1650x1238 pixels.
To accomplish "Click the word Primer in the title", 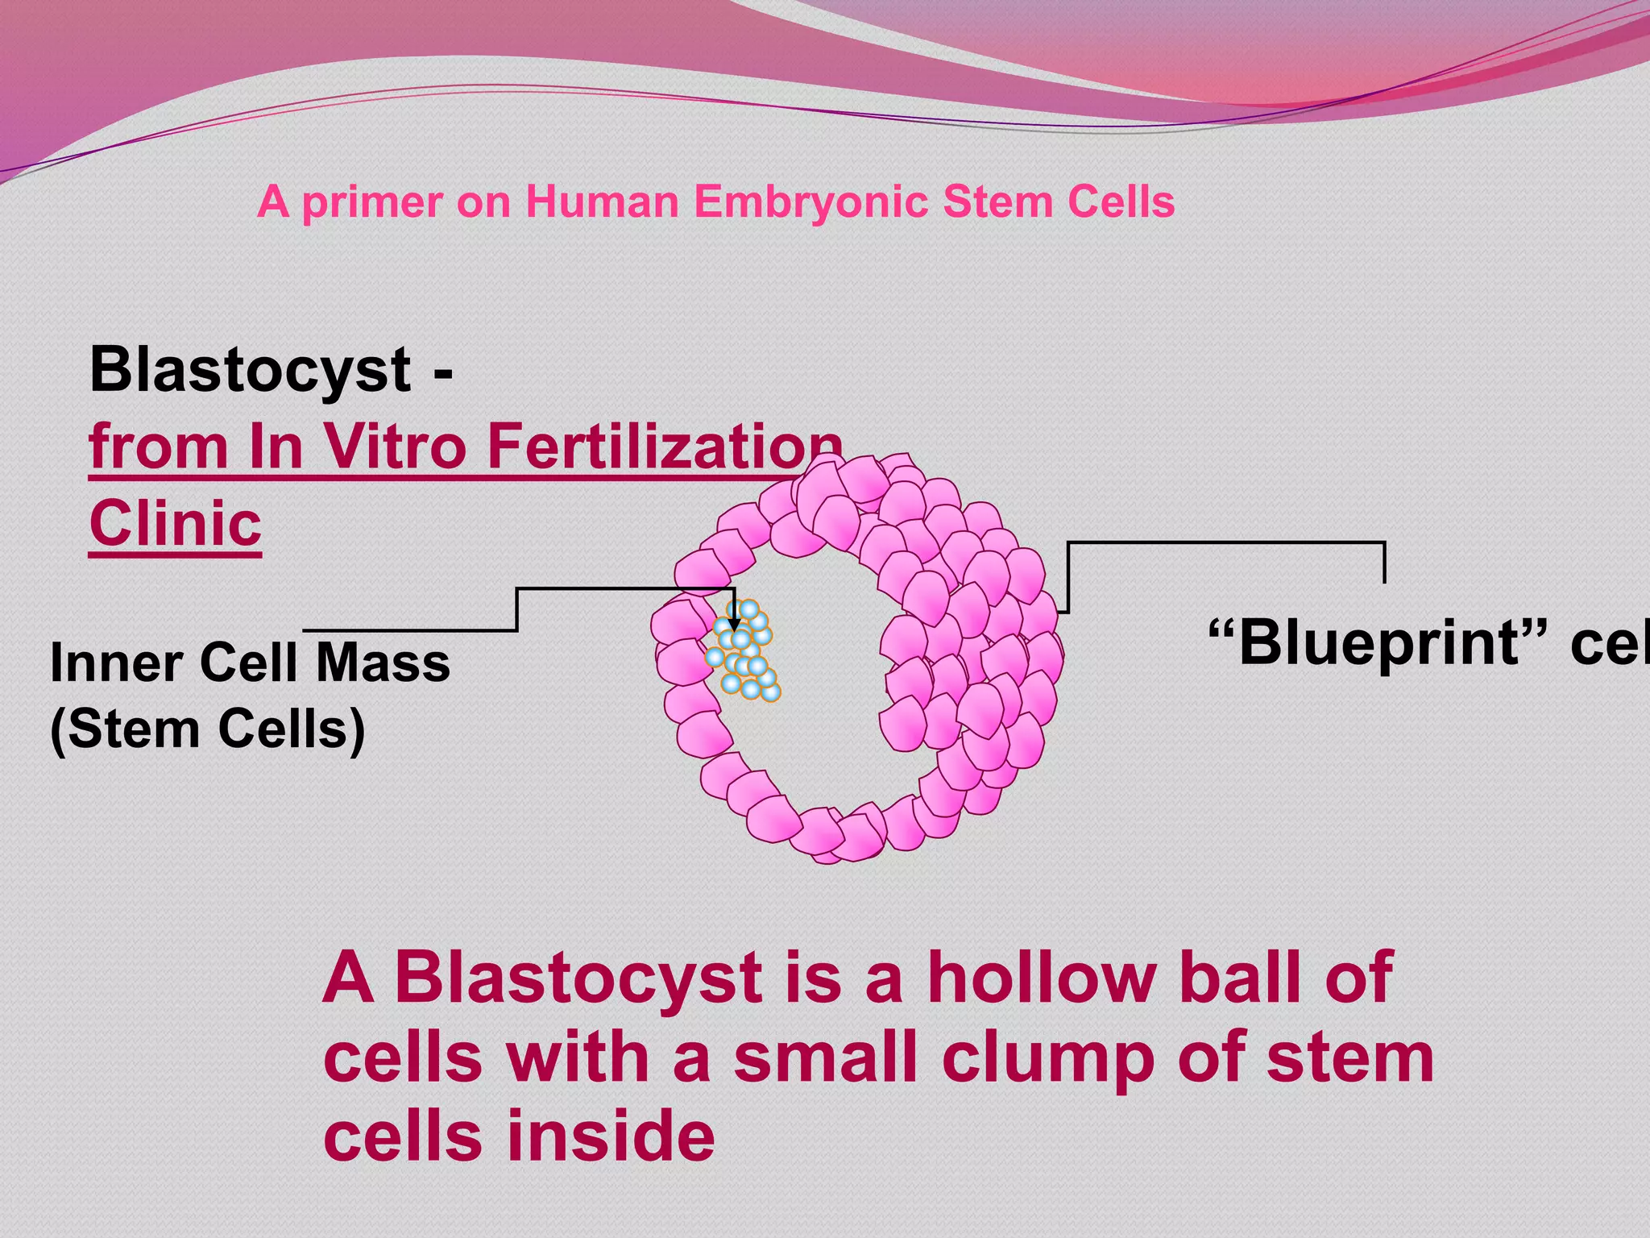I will click(x=371, y=202).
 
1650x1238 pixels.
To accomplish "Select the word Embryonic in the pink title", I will click(x=810, y=201).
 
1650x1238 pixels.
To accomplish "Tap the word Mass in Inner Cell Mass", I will click(x=383, y=663).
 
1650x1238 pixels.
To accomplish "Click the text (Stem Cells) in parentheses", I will click(x=208, y=729).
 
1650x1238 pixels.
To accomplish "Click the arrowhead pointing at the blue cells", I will click(x=734, y=624).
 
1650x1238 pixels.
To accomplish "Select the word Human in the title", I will click(x=603, y=201).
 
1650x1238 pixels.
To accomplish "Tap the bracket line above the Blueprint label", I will click(x=1225, y=543).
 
